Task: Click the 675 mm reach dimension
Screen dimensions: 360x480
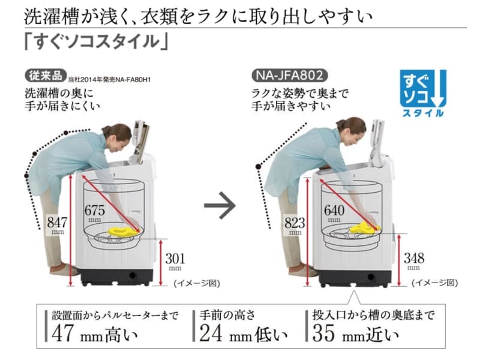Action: (x=96, y=212)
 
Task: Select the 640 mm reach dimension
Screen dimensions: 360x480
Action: (x=335, y=212)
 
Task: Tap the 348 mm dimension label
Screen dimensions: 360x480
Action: (x=413, y=261)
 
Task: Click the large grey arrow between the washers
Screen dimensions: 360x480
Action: (x=220, y=208)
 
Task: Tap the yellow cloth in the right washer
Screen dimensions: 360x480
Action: (x=362, y=227)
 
